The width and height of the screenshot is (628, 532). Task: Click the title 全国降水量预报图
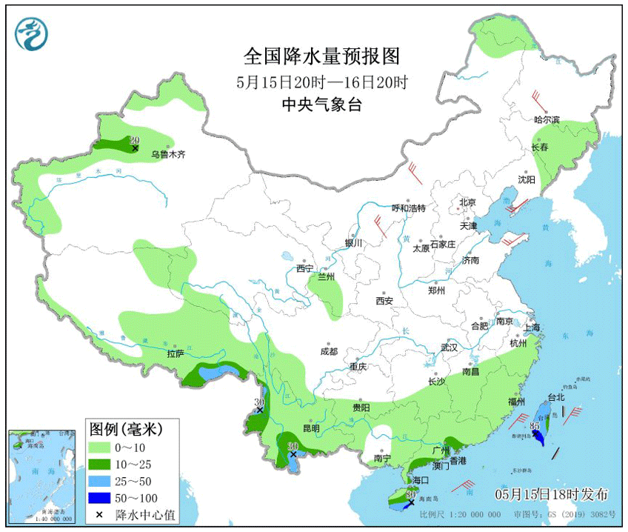321,56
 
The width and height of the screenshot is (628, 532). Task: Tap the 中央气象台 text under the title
321,105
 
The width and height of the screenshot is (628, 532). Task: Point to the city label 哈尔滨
547,120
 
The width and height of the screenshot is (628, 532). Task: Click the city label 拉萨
175,354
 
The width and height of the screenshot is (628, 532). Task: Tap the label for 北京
467,202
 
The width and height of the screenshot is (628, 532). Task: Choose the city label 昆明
312,428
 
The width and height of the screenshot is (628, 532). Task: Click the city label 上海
531,327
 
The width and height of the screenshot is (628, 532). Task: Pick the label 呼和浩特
409,208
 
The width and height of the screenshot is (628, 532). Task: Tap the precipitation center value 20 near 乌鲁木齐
135,140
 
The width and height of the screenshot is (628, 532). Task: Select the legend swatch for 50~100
100,497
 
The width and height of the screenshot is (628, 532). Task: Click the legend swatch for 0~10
100,448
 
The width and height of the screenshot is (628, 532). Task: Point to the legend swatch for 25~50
100,481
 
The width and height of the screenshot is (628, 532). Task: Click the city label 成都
329,352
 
